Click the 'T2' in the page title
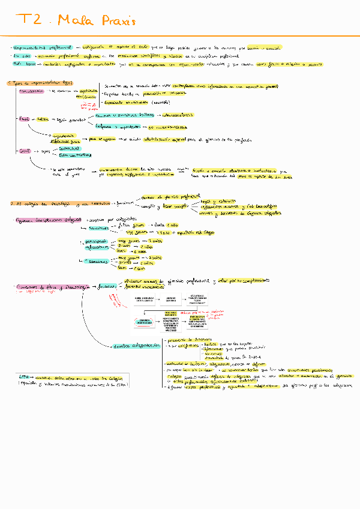pyautogui.click(x=29, y=20)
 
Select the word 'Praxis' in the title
pyautogui.click(x=117, y=22)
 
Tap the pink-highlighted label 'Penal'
pyautogui.click(x=25, y=119)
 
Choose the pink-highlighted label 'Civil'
pyautogui.click(x=25, y=151)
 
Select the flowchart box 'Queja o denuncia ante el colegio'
pyautogui.click(x=145, y=300)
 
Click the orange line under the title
pyautogui.click(x=180, y=36)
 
